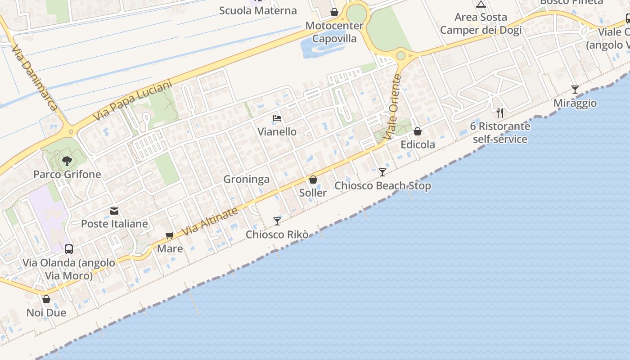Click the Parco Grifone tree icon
[67, 161]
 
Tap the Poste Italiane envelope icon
[114, 211]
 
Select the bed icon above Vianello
[277, 118]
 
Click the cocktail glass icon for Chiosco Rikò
[277, 221]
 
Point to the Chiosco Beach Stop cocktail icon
[382, 172]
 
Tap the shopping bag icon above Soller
[313, 180]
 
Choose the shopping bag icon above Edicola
[418, 131]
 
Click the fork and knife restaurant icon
[499, 112]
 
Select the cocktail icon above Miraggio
[575, 89]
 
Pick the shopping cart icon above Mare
[170, 235]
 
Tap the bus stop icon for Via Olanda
[69, 249]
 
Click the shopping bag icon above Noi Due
[46, 299]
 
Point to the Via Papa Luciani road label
[133, 101]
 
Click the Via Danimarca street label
[35, 77]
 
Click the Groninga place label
[247, 179]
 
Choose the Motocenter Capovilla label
[334, 32]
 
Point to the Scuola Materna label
[258, 10]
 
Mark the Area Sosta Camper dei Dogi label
[481, 23]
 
